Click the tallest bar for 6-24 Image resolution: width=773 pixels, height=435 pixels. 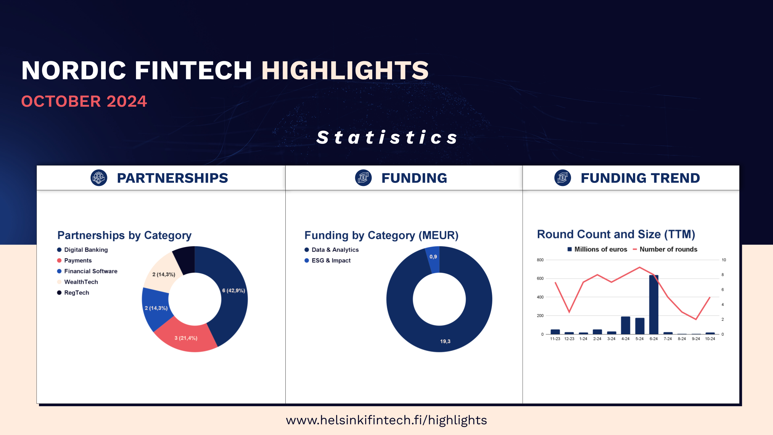pos(654,304)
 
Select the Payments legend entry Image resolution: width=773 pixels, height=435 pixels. pos(74,261)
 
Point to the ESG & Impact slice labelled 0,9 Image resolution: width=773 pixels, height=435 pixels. pos(433,259)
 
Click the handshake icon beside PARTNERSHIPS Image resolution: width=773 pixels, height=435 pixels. pos(99,178)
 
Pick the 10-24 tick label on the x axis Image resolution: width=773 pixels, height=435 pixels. pos(710,339)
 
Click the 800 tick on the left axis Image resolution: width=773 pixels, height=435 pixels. pos(540,260)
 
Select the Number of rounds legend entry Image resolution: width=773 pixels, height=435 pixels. pos(665,249)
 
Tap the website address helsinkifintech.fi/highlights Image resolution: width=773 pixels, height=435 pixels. pos(386,420)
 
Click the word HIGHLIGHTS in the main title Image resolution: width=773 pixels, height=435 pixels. pos(345,70)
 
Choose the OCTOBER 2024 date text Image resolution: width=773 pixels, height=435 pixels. pos(84,101)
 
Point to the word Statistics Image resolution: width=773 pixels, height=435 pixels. pos(387,137)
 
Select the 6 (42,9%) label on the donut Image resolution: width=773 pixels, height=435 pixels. pos(233,291)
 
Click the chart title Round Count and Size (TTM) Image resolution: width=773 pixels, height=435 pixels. pos(616,235)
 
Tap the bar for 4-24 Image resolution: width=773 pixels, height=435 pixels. pos(626,325)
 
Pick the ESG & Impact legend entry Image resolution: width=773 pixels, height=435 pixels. pos(327,261)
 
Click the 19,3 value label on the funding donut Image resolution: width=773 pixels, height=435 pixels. pos(445,341)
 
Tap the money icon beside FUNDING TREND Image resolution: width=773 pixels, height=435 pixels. pos(562,178)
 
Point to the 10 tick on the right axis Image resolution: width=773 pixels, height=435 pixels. pos(724,260)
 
